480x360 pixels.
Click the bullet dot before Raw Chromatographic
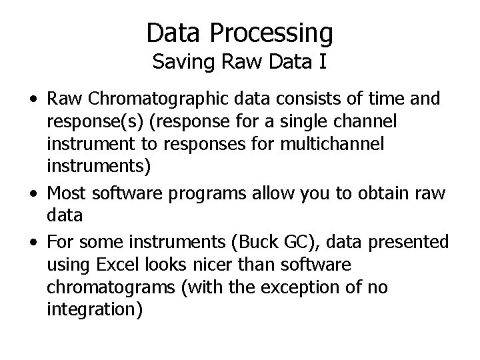click(33, 99)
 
